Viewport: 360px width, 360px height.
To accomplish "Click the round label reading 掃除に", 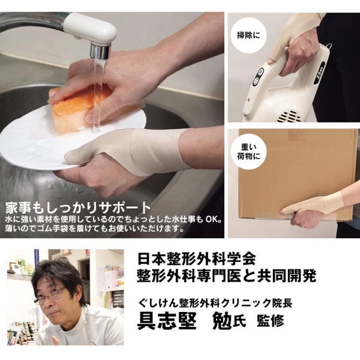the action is (x=248, y=35).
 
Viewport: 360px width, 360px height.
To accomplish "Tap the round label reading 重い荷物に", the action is (x=248, y=152).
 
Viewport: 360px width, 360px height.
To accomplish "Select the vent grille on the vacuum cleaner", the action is (x=289, y=116).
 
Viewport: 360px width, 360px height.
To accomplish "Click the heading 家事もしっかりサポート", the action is (x=78, y=208).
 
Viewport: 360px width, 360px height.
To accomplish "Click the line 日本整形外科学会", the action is (x=197, y=259).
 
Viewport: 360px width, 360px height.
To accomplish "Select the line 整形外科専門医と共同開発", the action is (x=227, y=276).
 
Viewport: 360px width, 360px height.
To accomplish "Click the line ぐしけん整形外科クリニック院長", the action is (x=215, y=303).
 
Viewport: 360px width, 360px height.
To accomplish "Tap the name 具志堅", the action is (x=167, y=321).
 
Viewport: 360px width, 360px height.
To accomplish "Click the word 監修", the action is (x=271, y=321).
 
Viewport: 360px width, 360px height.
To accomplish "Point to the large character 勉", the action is (x=222, y=321).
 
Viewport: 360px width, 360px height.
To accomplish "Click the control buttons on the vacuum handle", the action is (x=258, y=77).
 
